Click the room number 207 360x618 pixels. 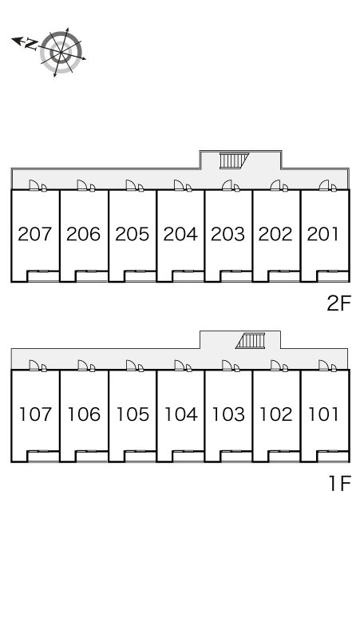coord(35,234)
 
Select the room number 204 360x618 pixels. coord(180,234)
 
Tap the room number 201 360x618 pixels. coord(323,234)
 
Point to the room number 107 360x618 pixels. coord(35,414)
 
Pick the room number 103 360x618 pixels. coord(228,414)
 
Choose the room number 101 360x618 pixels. coord(323,414)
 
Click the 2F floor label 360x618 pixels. coord(338,303)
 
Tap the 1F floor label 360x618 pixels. coord(339,483)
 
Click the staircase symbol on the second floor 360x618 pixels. coord(233,160)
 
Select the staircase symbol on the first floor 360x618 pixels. coord(250,341)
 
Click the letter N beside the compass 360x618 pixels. coord(30,43)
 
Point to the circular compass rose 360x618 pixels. coord(61,53)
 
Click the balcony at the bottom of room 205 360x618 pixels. coord(140,276)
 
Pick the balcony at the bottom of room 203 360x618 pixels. coord(236,276)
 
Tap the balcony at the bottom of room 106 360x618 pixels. coord(91,457)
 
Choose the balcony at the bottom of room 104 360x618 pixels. coord(188,457)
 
